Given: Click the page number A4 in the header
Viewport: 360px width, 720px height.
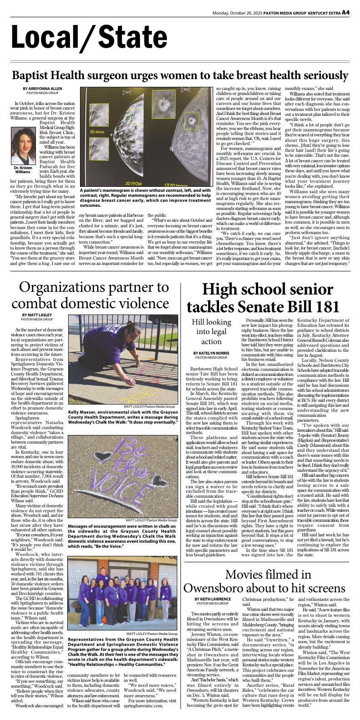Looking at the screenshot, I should click(x=345, y=12).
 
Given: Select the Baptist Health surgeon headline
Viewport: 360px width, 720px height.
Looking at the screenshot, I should click(x=180, y=75).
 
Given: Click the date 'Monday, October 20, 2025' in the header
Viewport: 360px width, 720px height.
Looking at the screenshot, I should click(x=242, y=13).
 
